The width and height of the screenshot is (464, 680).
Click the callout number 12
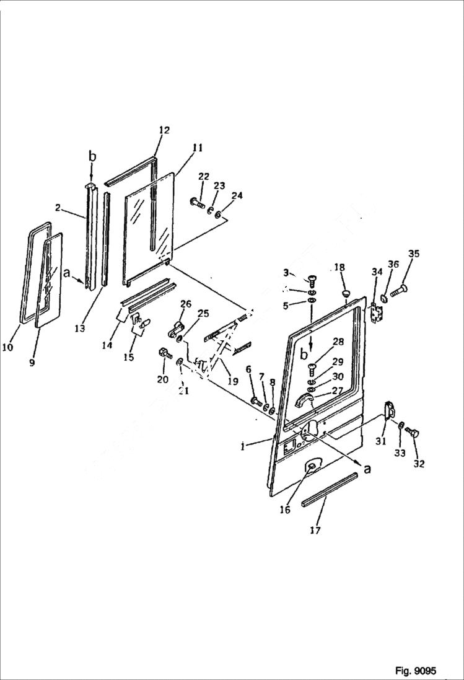coord(164,130)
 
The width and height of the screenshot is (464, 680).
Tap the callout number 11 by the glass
coord(197,148)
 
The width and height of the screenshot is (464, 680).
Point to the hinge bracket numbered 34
coord(374,312)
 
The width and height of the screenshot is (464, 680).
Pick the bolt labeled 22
coord(198,202)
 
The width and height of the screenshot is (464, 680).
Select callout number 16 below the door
coord(284,510)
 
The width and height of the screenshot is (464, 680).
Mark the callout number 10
coord(7,347)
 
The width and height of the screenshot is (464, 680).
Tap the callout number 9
coord(32,363)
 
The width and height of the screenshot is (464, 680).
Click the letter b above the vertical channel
coord(92,157)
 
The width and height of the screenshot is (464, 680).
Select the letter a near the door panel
coord(367,469)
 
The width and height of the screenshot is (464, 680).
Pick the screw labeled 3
coord(310,281)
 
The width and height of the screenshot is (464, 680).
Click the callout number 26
coord(185,304)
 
